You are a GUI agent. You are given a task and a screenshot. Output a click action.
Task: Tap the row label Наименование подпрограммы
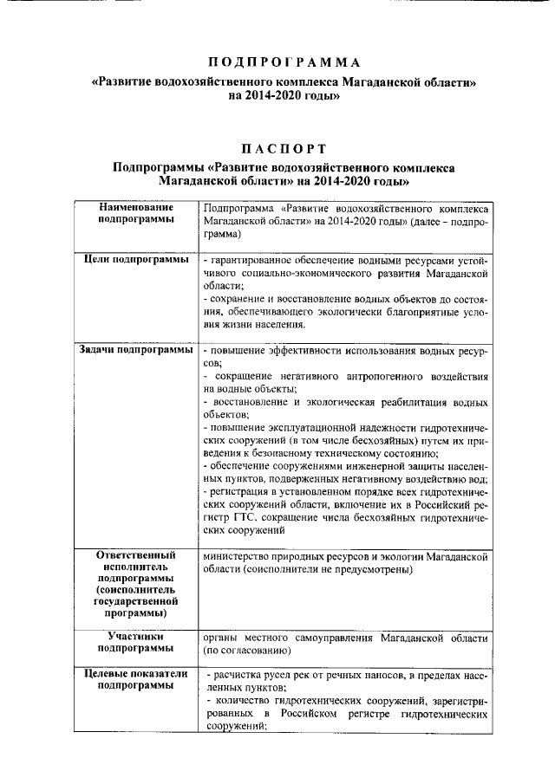click(x=135, y=214)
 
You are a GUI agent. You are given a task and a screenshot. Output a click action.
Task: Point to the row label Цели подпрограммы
click(x=135, y=260)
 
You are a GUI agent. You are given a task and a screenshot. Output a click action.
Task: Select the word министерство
click(x=238, y=555)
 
